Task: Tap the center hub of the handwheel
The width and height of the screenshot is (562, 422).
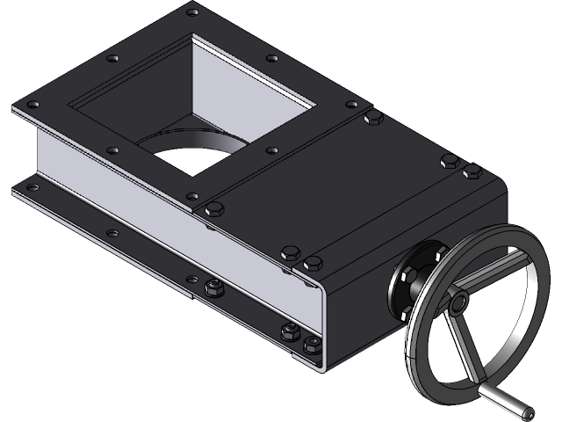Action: pyautogui.click(x=458, y=303)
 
